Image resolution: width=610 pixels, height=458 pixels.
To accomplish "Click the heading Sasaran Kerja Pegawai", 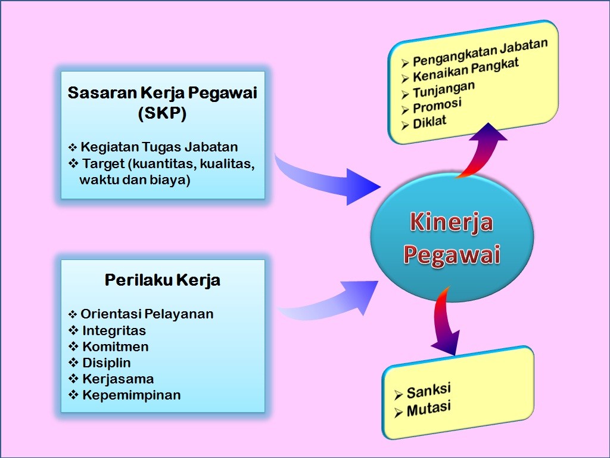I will tap(163, 94).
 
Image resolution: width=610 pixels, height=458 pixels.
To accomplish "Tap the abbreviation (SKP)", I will tap(162, 114).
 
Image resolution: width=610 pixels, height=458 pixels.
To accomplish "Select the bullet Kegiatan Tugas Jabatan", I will tap(159, 147).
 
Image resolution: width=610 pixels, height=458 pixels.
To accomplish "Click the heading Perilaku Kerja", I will tap(163, 280).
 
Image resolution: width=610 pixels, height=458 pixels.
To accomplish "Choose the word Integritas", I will tap(114, 330).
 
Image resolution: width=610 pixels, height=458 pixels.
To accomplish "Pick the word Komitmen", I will tap(116, 346).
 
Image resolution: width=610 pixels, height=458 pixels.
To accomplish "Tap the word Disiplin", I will tap(107, 363).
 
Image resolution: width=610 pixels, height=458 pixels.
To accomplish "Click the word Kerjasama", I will tap(118, 379).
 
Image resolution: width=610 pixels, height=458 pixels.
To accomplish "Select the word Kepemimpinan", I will tap(131, 395).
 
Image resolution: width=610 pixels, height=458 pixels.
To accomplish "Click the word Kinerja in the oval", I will tap(451, 222).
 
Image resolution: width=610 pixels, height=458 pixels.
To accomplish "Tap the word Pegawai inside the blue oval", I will tap(451, 254).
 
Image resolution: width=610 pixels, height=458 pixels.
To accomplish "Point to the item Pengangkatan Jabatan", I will tap(480, 52).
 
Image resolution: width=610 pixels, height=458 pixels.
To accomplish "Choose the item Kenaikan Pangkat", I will tap(466, 70).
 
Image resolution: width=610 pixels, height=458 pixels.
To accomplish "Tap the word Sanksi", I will tap(428, 392).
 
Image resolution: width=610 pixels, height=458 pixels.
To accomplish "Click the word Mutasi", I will tap(428, 409).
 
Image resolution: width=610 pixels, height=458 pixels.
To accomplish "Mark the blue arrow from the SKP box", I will tap(334, 179).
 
